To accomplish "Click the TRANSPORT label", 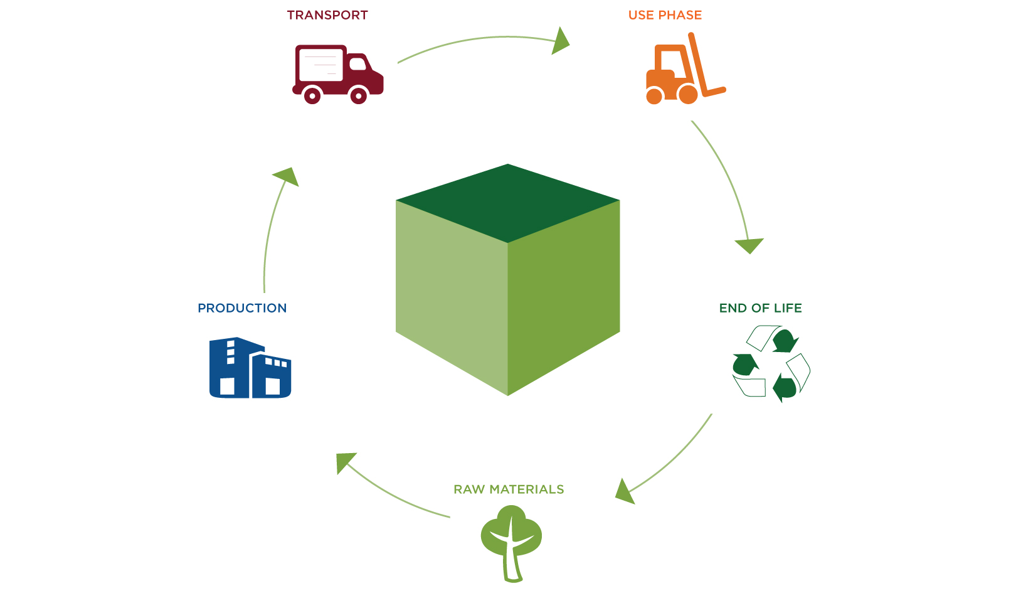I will click(327, 15).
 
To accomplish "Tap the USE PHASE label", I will click(665, 15).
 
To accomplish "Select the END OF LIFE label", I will click(760, 308).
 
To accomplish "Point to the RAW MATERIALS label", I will click(509, 489).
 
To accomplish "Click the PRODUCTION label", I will click(242, 308).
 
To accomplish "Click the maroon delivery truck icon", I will click(337, 73).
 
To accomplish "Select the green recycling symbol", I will click(771, 364).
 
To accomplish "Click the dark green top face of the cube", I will click(508, 202).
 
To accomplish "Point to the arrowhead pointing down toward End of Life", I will click(749, 245).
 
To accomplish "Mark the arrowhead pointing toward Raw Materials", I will click(624, 492).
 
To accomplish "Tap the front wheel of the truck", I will click(359, 96).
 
